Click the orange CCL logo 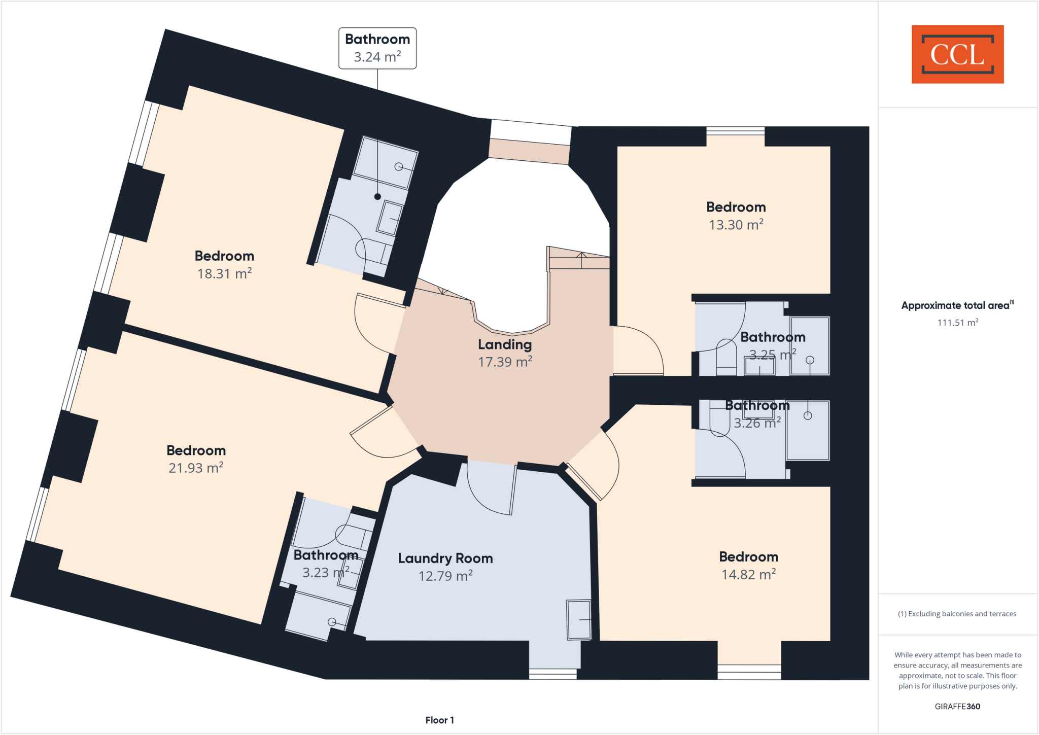click(957, 54)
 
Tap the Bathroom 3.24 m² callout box click(377, 48)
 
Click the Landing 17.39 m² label click(505, 353)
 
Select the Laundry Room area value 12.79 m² click(445, 576)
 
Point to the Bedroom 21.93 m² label click(196, 459)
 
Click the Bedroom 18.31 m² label click(224, 264)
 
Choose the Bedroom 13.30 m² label click(736, 216)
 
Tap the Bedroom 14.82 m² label click(748, 566)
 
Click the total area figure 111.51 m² click(957, 323)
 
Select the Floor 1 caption click(439, 720)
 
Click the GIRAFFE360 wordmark click(957, 707)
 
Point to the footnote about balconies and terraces click(957, 614)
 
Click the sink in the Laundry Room click(579, 620)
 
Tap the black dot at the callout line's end click(377, 197)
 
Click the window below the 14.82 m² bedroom click(749, 672)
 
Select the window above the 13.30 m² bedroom click(735, 131)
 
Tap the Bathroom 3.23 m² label click(326, 564)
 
